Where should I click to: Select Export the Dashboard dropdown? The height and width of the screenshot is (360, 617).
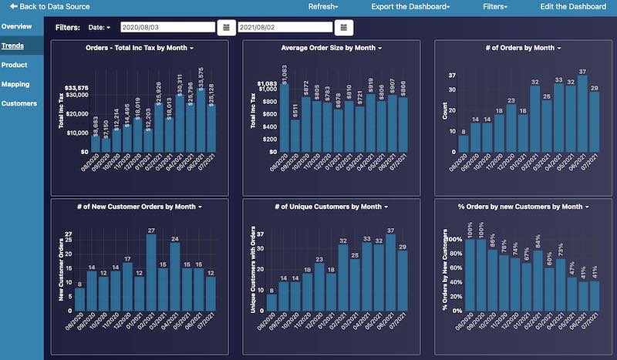[410, 6]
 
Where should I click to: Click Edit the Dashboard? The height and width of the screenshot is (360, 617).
[573, 6]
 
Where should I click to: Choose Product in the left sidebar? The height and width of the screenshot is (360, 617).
[15, 65]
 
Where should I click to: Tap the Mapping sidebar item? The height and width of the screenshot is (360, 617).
[16, 84]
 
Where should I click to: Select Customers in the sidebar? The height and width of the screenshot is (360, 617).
[19, 103]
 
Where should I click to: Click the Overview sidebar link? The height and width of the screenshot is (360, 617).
[17, 26]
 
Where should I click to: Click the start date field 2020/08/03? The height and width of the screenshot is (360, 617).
[167, 28]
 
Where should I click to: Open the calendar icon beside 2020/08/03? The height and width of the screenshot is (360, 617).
[226, 28]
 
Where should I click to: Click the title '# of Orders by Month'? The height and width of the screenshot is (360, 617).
[522, 48]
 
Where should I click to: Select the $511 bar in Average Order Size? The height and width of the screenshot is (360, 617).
[295, 135]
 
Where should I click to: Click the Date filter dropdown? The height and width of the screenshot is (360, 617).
[99, 28]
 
